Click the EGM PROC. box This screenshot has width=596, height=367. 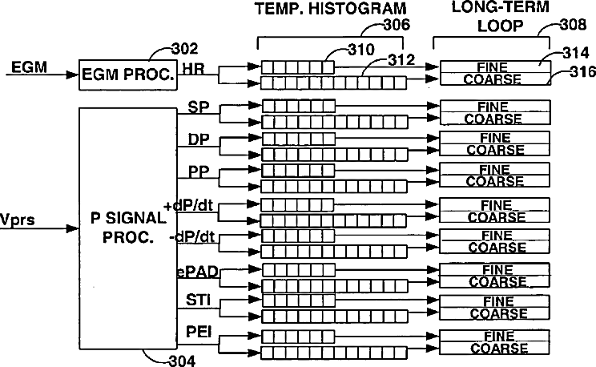pyautogui.click(x=127, y=75)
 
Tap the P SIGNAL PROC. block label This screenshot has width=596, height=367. pyautogui.click(x=128, y=228)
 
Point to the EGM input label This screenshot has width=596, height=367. pyautogui.click(x=30, y=67)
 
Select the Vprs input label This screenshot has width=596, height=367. pyautogui.click(x=17, y=220)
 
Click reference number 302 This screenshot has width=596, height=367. pyautogui.click(x=185, y=49)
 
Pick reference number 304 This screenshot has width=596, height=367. pyautogui.click(x=182, y=361)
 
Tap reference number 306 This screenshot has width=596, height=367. pyautogui.click(x=397, y=25)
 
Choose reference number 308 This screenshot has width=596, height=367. pyautogui.click(x=574, y=25)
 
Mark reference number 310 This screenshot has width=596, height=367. pyautogui.click(x=361, y=50)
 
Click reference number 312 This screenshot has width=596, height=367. pyautogui.click(x=401, y=60)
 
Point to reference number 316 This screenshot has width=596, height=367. pyautogui.click(x=582, y=71)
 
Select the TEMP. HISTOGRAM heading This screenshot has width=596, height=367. pyautogui.click(x=331, y=9)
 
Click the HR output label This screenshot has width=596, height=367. pyautogui.click(x=194, y=69)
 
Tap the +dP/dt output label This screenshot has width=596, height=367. pyautogui.click(x=188, y=206)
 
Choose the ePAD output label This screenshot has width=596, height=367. pyautogui.click(x=198, y=272)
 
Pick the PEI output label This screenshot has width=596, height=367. pyautogui.click(x=199, y=332)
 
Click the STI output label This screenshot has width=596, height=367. pyautogui.click(x=198, y=300)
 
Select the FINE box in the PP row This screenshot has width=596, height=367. pyautogui.click(x=494, y=169)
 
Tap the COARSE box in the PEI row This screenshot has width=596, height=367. pyautogui.click(x=494, y=349)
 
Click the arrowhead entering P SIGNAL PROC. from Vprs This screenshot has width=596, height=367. pyautogui.click(x=73, y=228)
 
